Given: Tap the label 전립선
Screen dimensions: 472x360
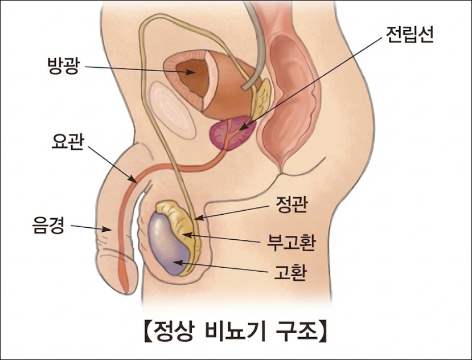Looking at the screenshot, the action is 409,36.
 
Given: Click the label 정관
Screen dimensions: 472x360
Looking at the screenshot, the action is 292,204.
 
